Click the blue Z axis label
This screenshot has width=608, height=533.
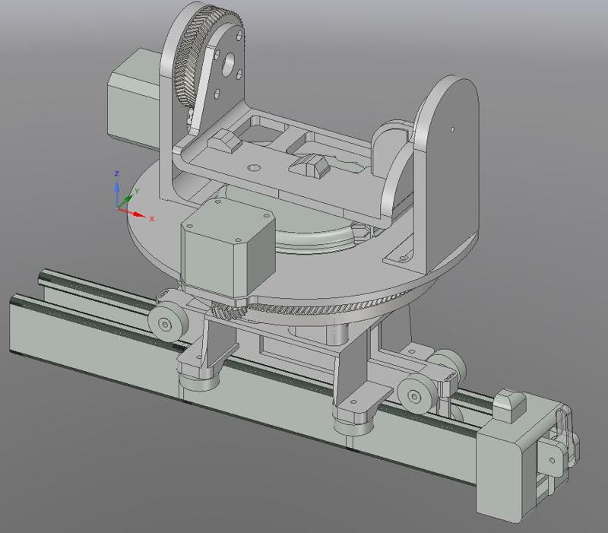[x=116, y=173]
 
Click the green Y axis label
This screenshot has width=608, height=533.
[x=137, y=191]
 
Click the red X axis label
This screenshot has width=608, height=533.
[x=151, y=219]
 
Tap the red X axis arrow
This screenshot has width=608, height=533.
[x=131, y=212]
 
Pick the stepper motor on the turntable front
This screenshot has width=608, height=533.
[x=229, y=249]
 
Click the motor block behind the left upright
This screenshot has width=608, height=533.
[x=134, y=99]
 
